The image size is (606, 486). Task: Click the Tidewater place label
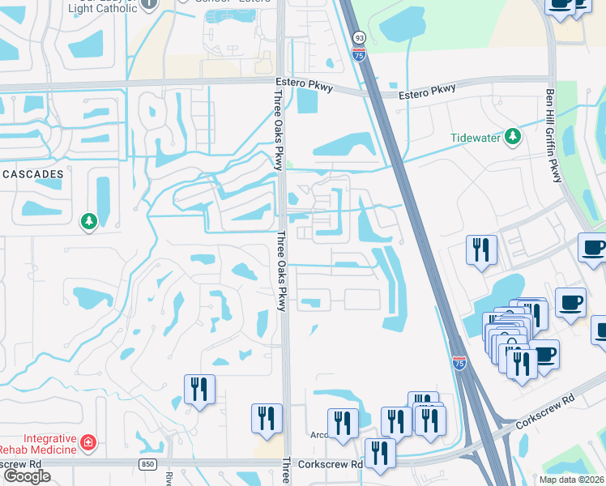click(476, 137)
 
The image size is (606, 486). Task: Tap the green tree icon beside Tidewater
click(512, 137)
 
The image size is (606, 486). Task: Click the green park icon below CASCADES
click(88, 220)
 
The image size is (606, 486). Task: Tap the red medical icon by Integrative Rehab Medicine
click(87, 443)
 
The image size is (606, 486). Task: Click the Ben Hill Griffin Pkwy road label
click(554, 135)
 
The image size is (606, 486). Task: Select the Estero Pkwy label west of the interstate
click(300, 83)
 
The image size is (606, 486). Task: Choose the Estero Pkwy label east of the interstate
click(427, 92)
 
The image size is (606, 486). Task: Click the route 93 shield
click(359, 37)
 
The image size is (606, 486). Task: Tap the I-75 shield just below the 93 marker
click(359, 53)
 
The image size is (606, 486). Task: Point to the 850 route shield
click(147, 464)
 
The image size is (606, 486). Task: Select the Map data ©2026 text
click(571, 480)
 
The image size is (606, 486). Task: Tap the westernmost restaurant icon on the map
click(198, 390)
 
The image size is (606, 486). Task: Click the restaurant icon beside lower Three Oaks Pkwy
click(267, 418)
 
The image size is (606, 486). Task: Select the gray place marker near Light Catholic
click(148, 3)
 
